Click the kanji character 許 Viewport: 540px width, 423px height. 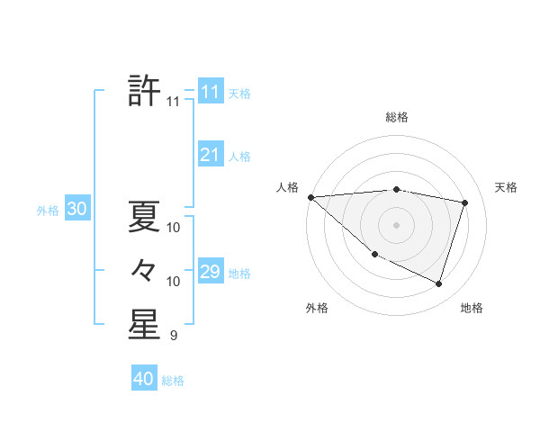[x=144, y=90]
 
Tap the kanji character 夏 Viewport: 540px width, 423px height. [x=144, y=216]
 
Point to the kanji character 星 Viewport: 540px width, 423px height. [x=144, y=325]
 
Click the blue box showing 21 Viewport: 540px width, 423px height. [x=210, y=155]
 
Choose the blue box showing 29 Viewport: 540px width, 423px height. [x=210, y=272]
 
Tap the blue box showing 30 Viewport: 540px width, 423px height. [x=76, y=210]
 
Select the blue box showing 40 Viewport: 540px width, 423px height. [x=143, y=379]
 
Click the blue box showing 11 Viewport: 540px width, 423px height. [x=210, y=92]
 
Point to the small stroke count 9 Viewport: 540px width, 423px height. [x=174, y=336]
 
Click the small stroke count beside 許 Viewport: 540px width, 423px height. [x=174, y=102]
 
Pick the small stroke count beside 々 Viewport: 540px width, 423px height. [x=174, y=282]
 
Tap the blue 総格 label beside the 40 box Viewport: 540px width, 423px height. [x=173, y=381]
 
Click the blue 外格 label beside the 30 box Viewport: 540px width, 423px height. [x=48, y=211]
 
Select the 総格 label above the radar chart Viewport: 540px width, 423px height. [x=397, y=117]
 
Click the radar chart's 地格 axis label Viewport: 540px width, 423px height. [x=472, y=308]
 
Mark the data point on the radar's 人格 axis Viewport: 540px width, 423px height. [x=310, y=197]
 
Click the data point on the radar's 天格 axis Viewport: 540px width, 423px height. [x=465, y=202]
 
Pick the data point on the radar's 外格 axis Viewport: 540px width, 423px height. [x=374, y=255]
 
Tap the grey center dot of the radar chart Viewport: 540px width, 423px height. [x=397, y=224]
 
